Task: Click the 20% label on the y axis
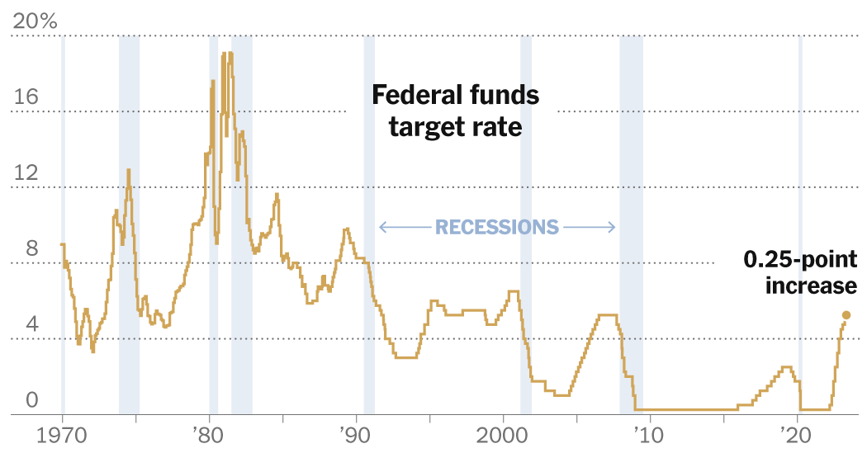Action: click(x=34, y=21)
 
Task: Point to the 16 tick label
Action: click(x=26, y=97)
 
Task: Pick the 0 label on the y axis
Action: click(x=31, y=400)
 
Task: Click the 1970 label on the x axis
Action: click(x=63, y=435)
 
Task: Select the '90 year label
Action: click(x=356, y=435)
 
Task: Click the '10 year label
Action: click(x=649, y=435)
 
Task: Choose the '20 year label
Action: click(x=796, y=435)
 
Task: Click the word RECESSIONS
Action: click(x=497, y=227)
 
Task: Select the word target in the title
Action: click(x=430, y=127)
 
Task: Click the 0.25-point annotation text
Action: click(x=799, y=260)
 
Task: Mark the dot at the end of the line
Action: click(x=846, y=314)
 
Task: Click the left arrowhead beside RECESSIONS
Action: click(x=381, y=227)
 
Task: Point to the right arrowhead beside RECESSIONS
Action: click(x=614, y=227)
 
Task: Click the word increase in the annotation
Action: click(x=811, y=285)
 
